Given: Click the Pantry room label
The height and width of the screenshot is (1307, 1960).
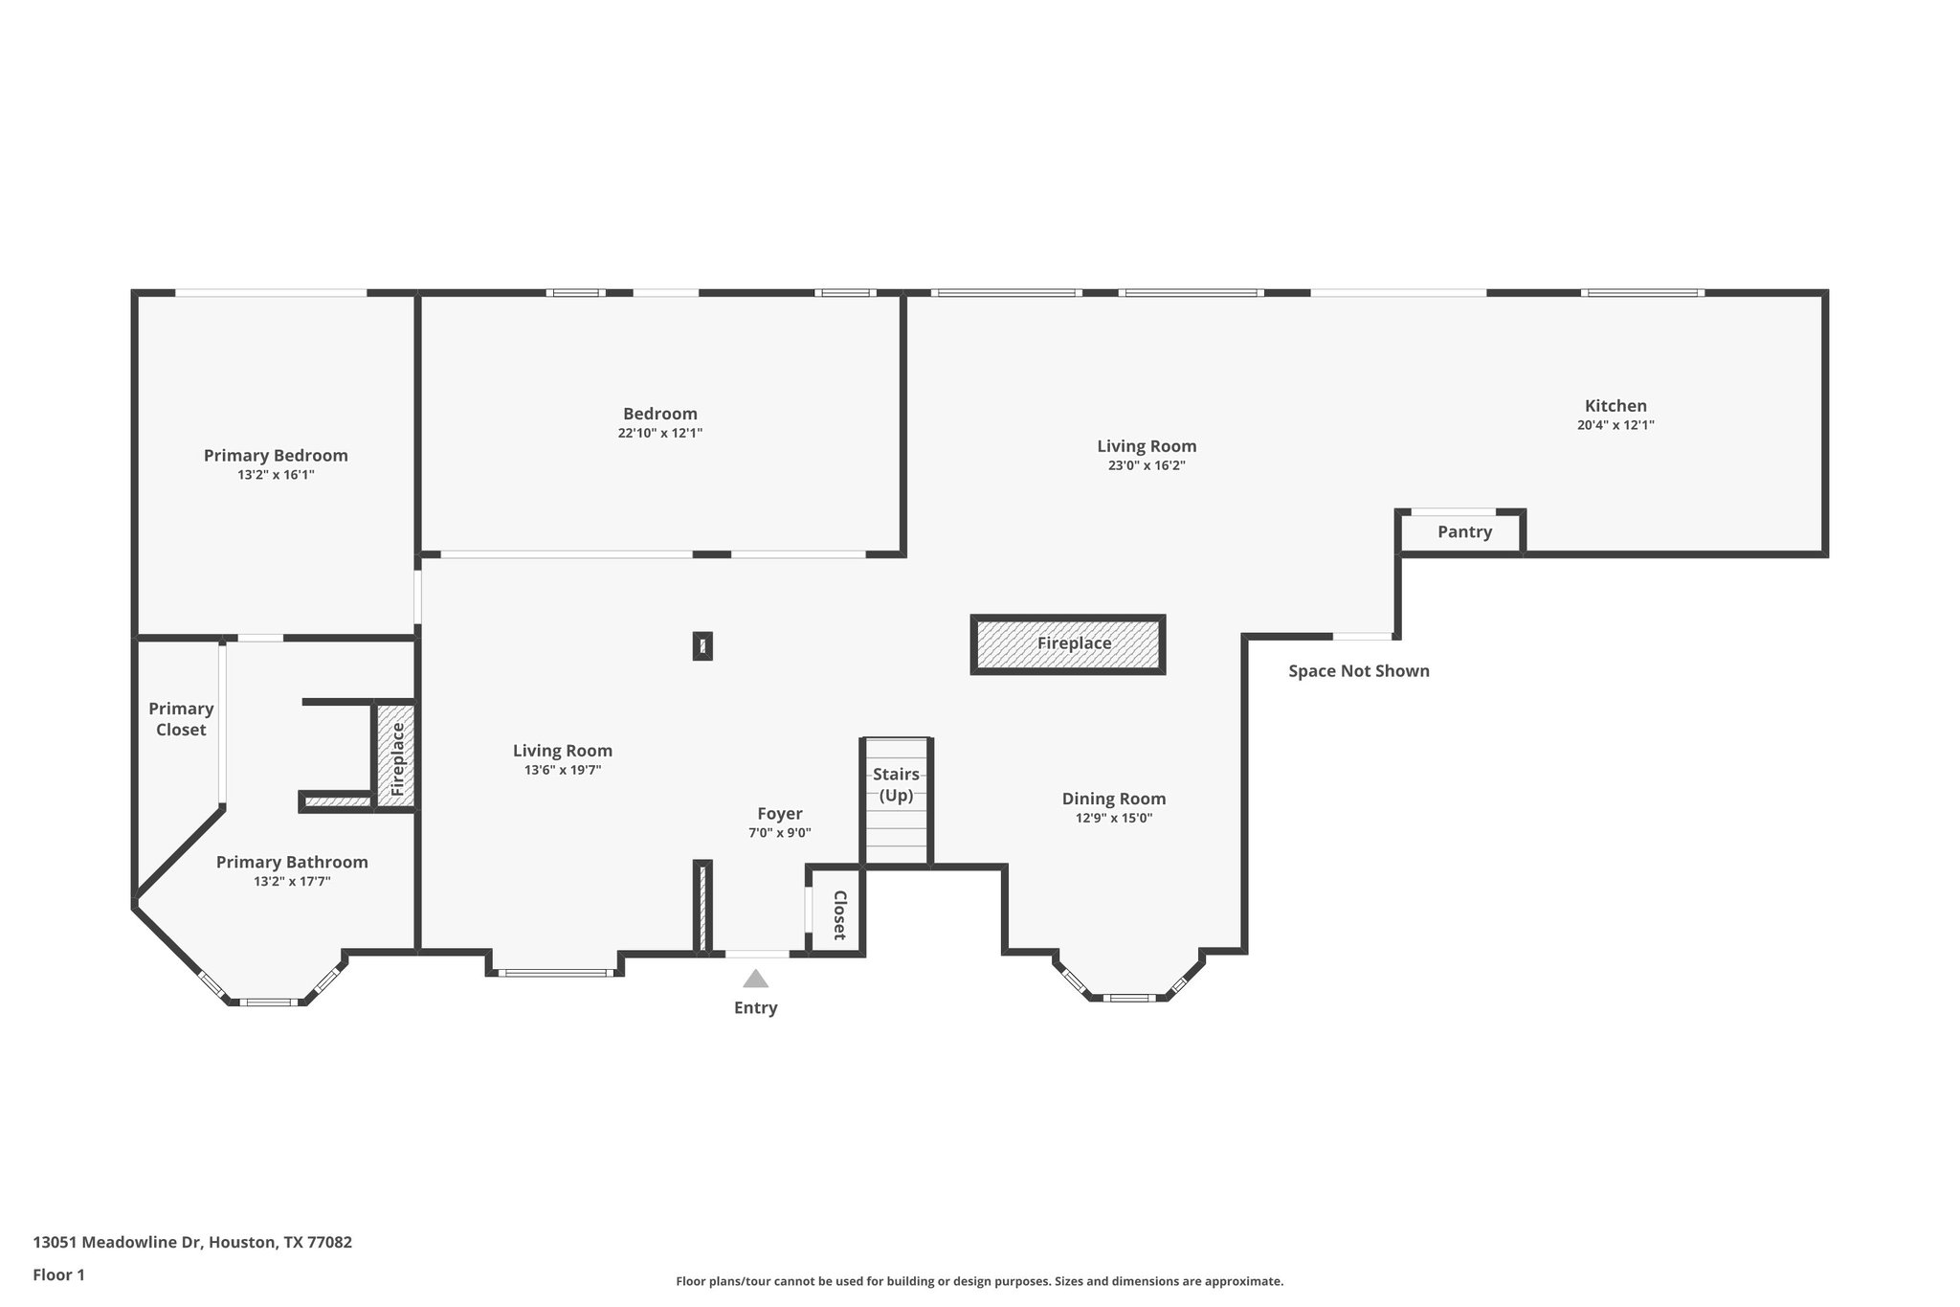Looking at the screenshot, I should (x=1464, y=532).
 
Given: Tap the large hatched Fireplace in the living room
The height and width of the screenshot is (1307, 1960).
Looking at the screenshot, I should (x=1068, y=644).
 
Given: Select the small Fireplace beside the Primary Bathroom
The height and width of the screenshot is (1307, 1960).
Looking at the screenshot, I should (x=396, y=755).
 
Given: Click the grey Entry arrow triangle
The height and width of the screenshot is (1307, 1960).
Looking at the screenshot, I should (x=756, y=979).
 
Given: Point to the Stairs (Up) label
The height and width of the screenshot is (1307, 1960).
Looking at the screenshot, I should (x=896, y=784).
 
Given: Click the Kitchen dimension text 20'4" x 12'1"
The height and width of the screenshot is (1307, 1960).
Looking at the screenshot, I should (x=1615, y=425).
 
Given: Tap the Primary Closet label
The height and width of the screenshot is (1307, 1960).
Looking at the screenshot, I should (x=181, y=719).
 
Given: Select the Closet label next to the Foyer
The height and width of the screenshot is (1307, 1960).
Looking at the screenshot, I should (x=839, y=915).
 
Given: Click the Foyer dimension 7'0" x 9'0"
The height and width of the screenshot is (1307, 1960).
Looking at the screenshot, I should (x=779, y=833).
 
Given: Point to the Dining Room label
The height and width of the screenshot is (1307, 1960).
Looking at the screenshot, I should (x=1113, y=799).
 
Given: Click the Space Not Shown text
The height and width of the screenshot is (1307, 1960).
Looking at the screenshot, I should (x=1358, y=671).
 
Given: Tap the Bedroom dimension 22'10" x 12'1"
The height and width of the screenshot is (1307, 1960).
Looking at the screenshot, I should (x=659, y=433).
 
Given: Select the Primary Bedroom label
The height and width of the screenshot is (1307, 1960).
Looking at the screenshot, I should (x=276, y=456).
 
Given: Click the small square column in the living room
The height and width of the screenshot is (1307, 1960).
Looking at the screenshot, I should (x=702, y=646).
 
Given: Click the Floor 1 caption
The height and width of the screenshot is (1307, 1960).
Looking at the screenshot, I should (x=58, y=1274).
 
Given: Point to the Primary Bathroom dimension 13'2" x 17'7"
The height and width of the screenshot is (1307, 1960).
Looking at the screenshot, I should (x=292, y=882).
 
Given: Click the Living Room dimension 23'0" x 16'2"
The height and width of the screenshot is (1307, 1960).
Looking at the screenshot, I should (x=1147, y=466).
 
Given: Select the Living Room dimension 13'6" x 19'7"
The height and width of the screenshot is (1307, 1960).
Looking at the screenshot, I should (x=562, y=770).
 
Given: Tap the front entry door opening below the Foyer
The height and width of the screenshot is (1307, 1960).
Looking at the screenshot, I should (x=757, y=954).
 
